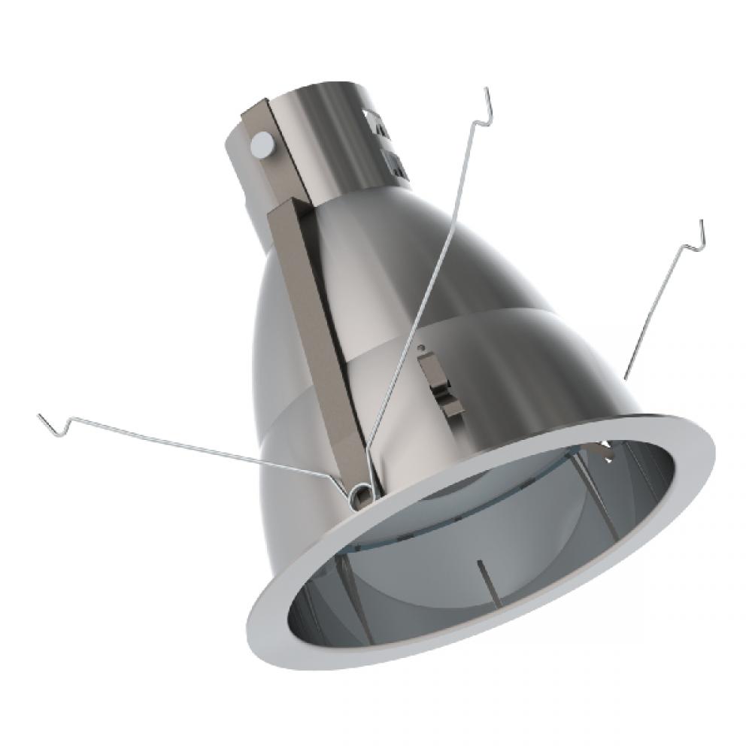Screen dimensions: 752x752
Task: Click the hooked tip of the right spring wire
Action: pyautogui.click(x=701, y=229)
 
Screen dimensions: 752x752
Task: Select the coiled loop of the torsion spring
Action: pyautogui.click(x=360, y=492)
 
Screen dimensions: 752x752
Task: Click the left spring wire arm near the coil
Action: pyautogui.click(x=226, y=459)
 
